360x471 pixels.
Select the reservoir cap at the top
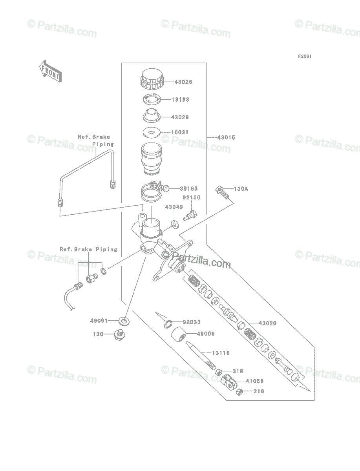point(151,79)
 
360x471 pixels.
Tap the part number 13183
point(180,100)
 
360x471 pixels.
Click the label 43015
point(227,137)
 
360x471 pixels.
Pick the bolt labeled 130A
point(221,193)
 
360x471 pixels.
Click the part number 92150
point(191,198)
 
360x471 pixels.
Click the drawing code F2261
point(305,57)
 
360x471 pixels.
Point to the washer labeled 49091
point(124,321)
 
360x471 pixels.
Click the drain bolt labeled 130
point(119,335)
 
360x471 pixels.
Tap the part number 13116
point(221,353)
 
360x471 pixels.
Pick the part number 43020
point(267,323)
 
